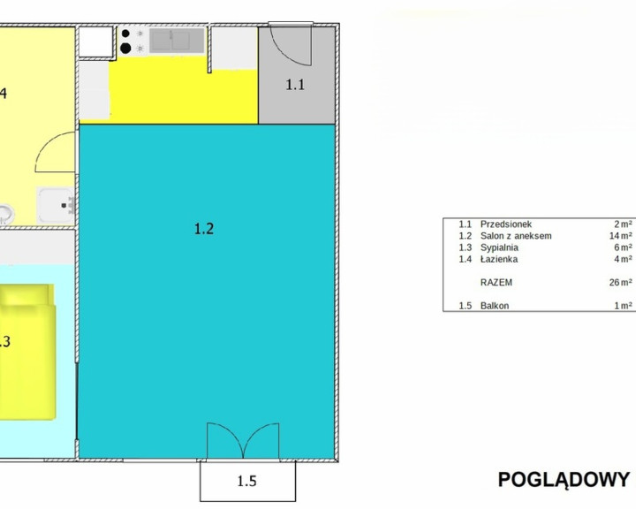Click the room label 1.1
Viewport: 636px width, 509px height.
coord(295,85)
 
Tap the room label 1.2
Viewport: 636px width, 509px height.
coord(204,229)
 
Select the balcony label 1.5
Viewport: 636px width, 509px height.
coord(246,482)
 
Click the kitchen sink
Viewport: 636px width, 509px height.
coord(177,40)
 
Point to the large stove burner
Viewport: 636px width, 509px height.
coord(125,49)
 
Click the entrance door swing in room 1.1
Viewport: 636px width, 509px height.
coord(291,45)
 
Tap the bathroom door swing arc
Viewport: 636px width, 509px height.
coord(55,152)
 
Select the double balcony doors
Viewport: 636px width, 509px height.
coord(243,440)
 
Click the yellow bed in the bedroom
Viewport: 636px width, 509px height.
coord(27,352)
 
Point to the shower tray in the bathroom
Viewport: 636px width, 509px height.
coord(56,205)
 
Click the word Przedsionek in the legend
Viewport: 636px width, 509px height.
coord(506,224)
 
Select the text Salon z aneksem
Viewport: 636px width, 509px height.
coord(516,236)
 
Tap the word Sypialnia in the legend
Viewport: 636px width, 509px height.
coord(499,247)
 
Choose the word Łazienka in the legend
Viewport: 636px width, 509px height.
coord(499,259)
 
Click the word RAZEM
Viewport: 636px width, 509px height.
coord(496,283)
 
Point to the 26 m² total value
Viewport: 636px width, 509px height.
coord(621,283)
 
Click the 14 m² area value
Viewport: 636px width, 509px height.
coord(621,236)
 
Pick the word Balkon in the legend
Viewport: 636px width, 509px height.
coord(495,306)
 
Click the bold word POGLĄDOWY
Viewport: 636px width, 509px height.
coord(564,479)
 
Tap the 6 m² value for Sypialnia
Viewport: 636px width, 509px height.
coord(623,247)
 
